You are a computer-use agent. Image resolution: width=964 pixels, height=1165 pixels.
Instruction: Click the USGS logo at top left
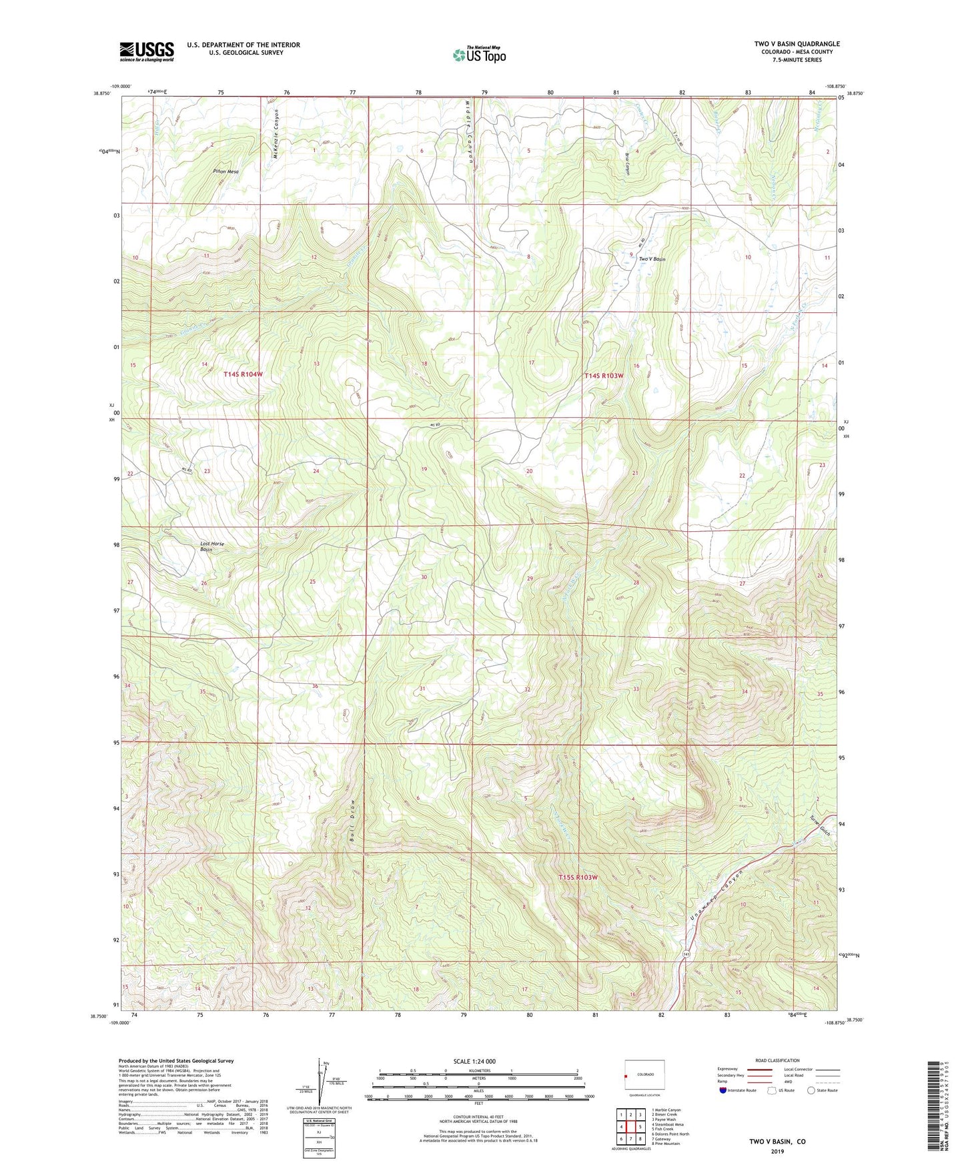(146, 51)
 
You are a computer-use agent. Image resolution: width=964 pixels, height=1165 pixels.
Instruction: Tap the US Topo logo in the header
(479, 55)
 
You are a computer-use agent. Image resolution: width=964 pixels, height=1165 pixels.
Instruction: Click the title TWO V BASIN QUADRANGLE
(797, 44)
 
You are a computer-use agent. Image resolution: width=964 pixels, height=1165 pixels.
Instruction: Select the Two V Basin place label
(652, 259)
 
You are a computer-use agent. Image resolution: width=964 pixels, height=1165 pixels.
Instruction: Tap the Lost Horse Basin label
(212, 546)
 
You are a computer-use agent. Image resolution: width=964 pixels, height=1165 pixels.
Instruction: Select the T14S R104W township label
(243, 375)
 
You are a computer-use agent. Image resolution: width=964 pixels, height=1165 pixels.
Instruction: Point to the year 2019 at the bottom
(777, 1152)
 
